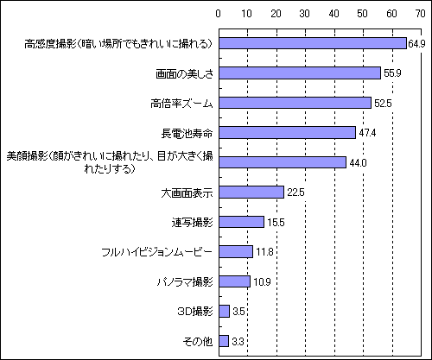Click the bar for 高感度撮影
[313, 43]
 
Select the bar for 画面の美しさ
[300, 73]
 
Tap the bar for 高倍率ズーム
[295, 103]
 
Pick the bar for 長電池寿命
[288, 133]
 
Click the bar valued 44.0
[283, 162]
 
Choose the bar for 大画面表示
[251, 193]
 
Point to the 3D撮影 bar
[225, 312]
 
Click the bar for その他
[224, 341]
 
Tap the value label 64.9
[416, 44]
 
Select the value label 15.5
[276, 223]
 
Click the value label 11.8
[264, 252]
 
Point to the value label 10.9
[262, 282]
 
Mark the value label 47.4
[367, 133]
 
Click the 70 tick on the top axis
[421, 14]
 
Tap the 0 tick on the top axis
[219, 14]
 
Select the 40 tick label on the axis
[334, 14]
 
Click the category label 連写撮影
[192, 223]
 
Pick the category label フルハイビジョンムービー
[157, 252]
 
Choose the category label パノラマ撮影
[185, 282]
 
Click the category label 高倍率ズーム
[181, 104]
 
